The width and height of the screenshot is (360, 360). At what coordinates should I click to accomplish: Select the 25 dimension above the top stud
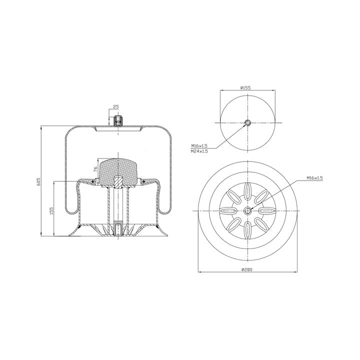(116, 107)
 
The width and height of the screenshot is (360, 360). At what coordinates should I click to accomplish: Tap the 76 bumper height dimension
(95, 169)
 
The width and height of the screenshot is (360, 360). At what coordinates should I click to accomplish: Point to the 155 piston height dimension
(51, 210)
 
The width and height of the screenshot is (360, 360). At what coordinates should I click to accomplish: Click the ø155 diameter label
(245, 87)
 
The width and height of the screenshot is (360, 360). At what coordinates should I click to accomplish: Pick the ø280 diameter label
(247, 269)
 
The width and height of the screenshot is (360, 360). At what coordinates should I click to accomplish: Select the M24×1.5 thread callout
(199, 151)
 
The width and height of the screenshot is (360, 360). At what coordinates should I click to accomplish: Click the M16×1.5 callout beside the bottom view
(314, 177)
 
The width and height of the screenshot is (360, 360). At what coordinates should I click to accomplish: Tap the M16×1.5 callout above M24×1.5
(199, 145)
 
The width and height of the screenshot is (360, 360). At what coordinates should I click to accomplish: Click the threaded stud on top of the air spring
(118, 121)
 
